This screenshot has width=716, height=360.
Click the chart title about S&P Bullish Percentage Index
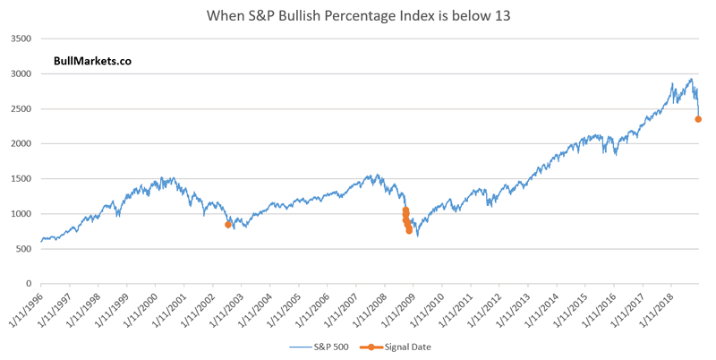pos(358,15)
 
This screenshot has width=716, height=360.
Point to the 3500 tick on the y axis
pos(21,39)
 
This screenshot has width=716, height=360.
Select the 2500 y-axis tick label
pos(21,108)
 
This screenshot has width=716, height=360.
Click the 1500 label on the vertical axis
pos(21,178)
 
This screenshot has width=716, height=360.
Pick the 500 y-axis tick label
pos(23,248)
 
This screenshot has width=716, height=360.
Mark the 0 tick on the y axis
pos(29,283)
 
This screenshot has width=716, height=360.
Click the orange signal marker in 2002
pos(228,225)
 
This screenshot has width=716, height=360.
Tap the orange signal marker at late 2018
pos(698,119)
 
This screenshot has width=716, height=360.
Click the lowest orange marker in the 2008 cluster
pos(409,230)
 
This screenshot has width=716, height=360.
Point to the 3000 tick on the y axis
pos(21,73)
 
